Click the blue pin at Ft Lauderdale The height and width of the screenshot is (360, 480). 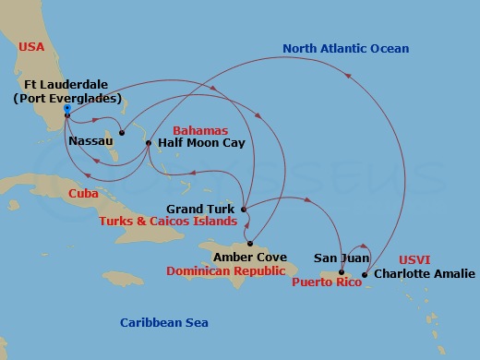coord(66,109)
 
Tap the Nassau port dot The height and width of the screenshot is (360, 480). coord(121,133)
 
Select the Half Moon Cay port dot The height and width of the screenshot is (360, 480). coord(149,142)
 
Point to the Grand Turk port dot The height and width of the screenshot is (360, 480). coord(244,210)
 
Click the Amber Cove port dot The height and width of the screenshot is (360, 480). coord(250,243)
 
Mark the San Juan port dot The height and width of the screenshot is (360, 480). coord(342,273)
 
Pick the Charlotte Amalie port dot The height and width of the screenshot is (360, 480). coord(365,274)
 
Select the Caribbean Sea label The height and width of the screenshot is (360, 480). coord(164,322)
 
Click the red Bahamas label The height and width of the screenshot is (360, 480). coord(199,131)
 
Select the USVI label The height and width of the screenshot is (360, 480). coord(414,260)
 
